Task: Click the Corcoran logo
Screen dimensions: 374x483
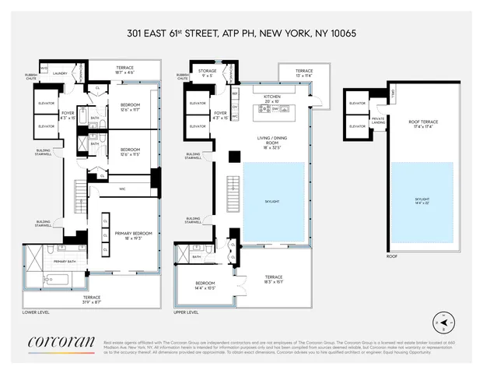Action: pos(61,340)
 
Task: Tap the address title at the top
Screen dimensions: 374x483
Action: pos(241,34)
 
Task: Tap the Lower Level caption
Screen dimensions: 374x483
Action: pos(37,312)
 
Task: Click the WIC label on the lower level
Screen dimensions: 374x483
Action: pos(123,187)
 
